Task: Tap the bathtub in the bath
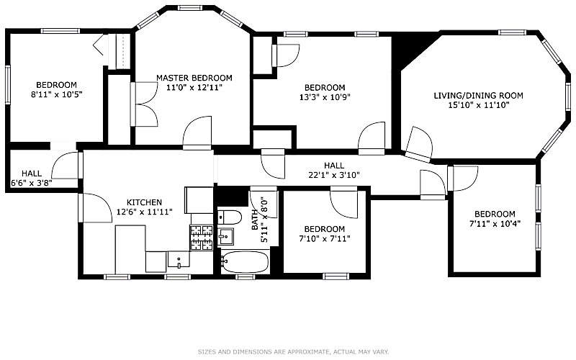coord(245,263)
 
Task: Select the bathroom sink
coord(227,235)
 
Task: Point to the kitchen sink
coord(178,260)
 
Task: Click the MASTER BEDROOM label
coord(194,78)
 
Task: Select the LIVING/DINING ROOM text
coord(478,95)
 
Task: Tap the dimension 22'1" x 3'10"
coord(333,174)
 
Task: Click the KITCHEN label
coord(144,202)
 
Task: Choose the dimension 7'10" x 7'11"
coord(325,238)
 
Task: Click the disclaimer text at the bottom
coord(293,352)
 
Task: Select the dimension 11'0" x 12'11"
coord(194,87)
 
